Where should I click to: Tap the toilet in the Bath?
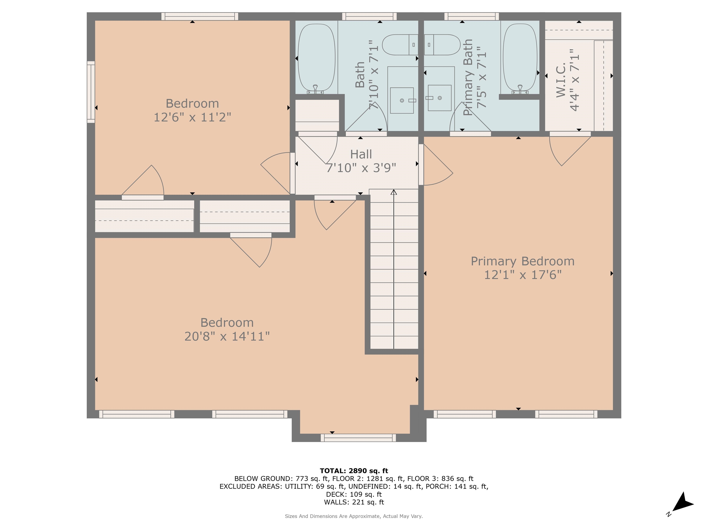pyautogui.click(x=400, y=45)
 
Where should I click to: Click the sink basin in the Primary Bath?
pyautogui.click(x=440, y=98)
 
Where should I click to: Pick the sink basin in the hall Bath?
pyautogui.click(x=402, y=100)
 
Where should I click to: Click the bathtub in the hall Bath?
pyautogui.click(x=317, y=59)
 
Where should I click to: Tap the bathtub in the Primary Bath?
pyautogui.click(x=520, y=59)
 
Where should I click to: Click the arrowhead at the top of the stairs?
pyautogui.click(x=394, y=192)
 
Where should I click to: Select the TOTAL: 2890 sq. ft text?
pyautogui.click(x=354, y=471)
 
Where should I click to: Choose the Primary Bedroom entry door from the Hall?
pyautogui.click(x=435, y=165)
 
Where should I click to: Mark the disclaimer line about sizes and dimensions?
pyautogui.click(x=354, y=516)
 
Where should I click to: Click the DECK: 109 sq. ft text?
pyautogui.click(x=354, y=494)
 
